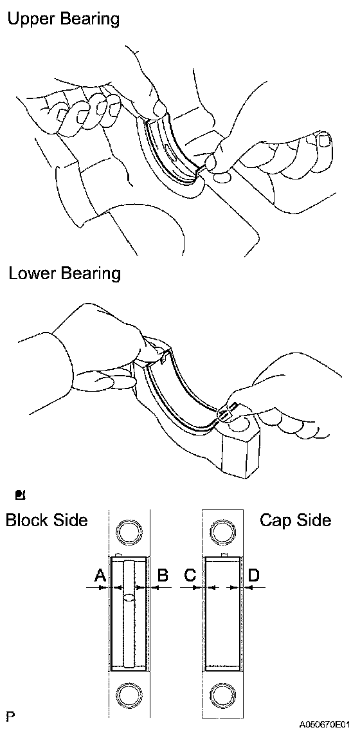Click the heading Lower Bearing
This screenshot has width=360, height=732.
64,273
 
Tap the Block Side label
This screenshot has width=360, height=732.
47,520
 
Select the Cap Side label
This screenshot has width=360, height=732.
296,520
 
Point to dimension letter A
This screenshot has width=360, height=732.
100,576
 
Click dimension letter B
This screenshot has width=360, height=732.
163,576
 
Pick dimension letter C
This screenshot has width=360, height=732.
190,576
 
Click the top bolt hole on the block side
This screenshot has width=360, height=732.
129,531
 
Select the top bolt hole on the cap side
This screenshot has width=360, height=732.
223,531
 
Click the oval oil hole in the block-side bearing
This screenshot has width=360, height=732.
130,597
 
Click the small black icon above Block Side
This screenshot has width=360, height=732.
21,495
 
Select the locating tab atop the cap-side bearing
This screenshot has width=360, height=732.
225,554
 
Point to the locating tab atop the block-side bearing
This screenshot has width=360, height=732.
118,554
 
